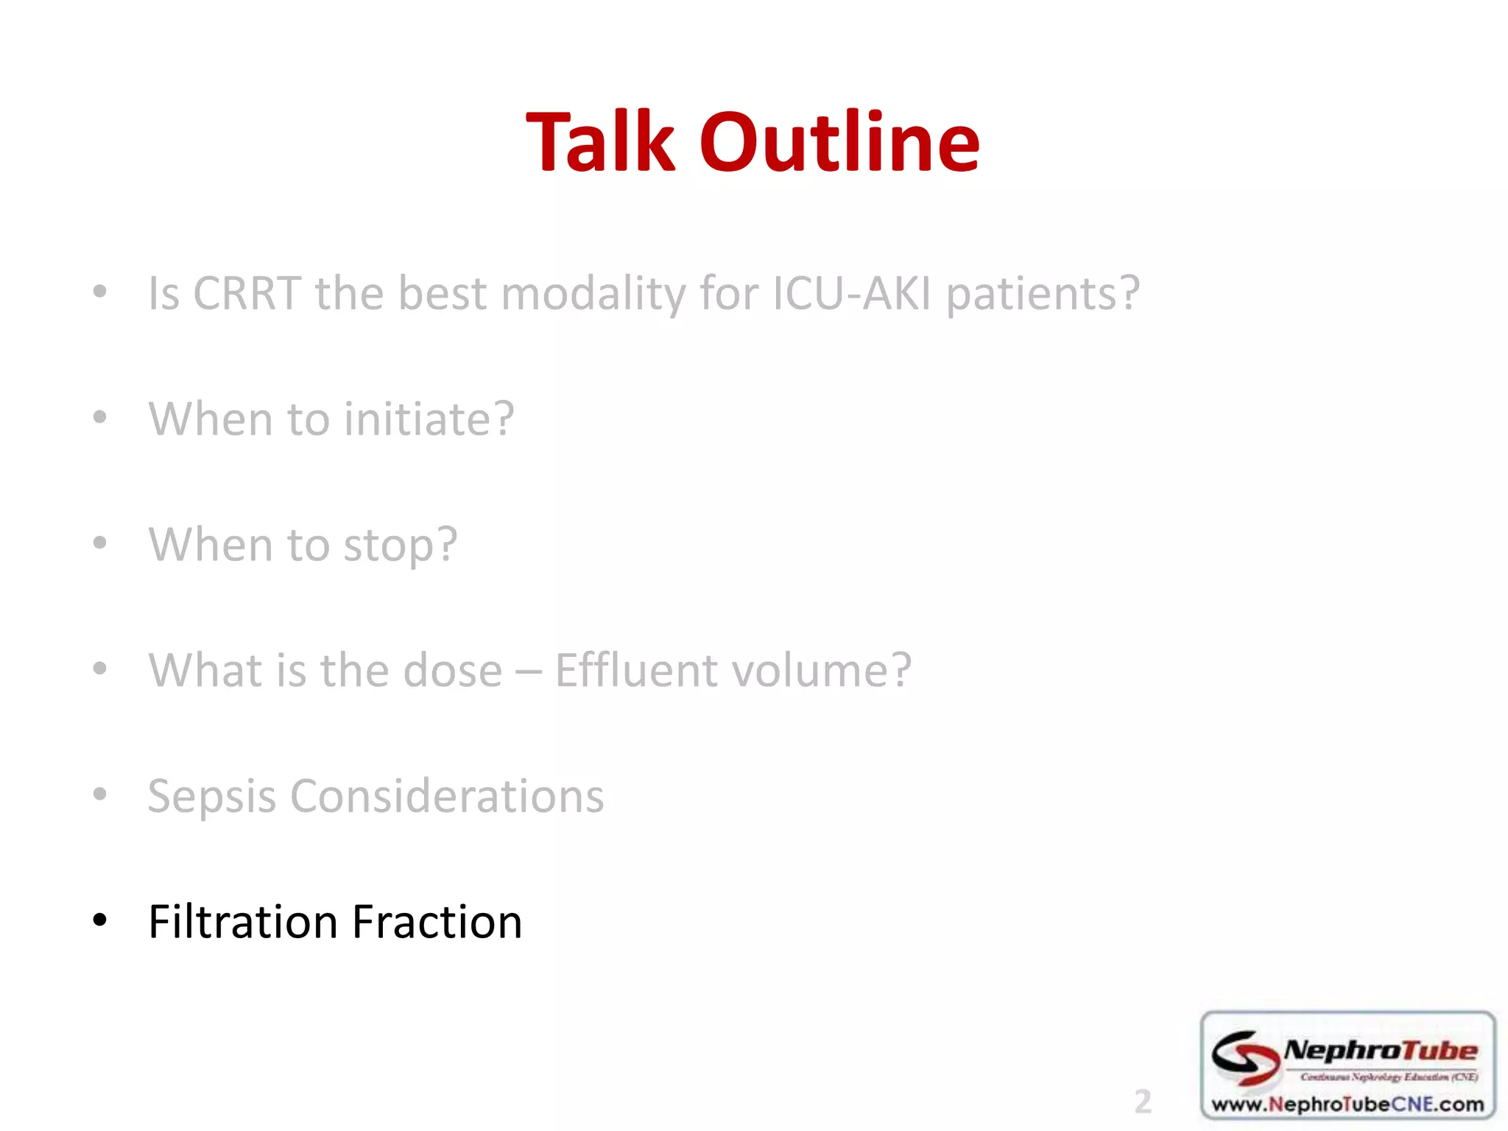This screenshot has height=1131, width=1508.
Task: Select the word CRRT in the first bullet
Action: (x=247, y=294)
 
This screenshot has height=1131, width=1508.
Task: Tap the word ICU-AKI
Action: (x=852, y=294)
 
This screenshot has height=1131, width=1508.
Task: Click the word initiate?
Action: (x=429, y=419)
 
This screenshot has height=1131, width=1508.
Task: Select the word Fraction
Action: (x=437, y=922)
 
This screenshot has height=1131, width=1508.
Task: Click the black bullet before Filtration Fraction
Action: (x=100, y=920)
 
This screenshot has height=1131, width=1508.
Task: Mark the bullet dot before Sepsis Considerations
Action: (x=100, y=794)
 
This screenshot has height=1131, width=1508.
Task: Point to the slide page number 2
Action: (x=1142, y=1102)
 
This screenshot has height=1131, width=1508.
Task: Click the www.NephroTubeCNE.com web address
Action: (x=1347, y=1104)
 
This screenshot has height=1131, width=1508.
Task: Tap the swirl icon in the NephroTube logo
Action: (x=1245, y=1057)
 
